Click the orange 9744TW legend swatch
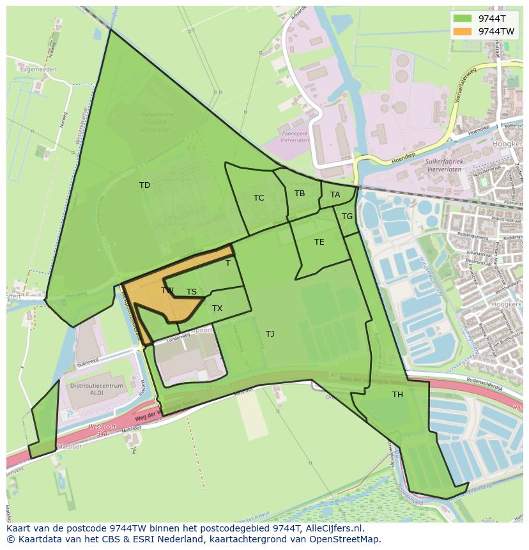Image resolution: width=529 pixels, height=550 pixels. pos(463,31)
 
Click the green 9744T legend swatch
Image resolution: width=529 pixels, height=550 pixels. pos(463,19)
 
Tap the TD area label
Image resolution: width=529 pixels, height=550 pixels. pos(144,185)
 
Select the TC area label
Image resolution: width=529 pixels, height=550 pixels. pos(259,198)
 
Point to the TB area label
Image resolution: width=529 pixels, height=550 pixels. pos(300,194)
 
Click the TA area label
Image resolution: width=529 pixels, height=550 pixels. pos(335,195)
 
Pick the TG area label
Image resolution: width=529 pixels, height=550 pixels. pos(347,217)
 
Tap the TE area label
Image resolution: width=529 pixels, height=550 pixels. pos(319,242)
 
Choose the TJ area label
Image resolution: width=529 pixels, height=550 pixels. pos(270,334)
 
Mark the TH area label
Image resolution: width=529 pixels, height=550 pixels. pos(397,395)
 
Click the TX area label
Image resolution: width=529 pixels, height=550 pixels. pos(217,309)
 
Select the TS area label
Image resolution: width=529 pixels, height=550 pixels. pos(192,292)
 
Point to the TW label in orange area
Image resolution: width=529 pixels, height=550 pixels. pos(167,291)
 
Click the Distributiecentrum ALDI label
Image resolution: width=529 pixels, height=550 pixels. pos(96,390)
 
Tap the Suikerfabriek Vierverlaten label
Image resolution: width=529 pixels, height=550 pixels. pos(447,166)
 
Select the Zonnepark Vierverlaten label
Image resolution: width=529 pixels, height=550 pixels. pos(295,138)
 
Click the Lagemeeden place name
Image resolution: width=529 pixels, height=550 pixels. pos(38,69)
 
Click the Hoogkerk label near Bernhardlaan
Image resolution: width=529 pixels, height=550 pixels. pos(507,305)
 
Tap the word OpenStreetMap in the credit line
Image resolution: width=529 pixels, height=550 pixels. pos(344,539)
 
